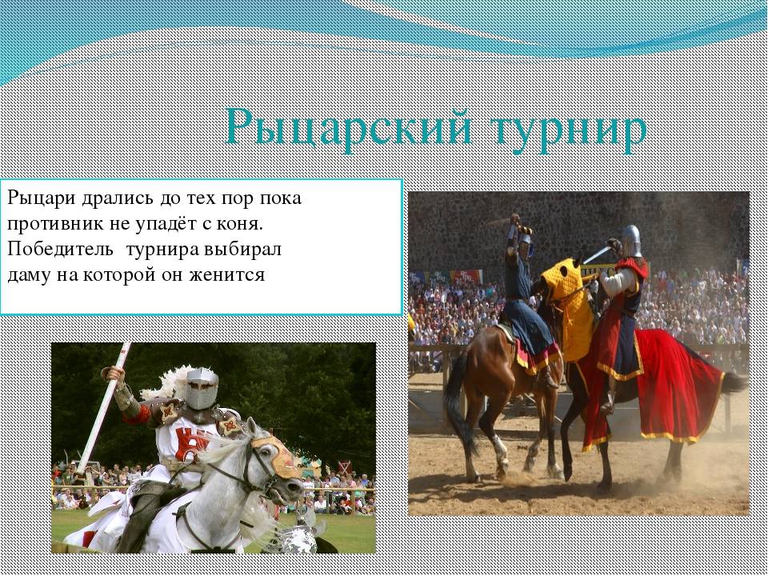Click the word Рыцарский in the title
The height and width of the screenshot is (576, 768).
tap(350, 128)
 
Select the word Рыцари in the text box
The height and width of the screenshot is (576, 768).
tap(41, 199)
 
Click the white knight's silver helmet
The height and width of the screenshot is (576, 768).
tap(202, 388)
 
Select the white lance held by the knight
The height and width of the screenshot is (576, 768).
tap(104, 407)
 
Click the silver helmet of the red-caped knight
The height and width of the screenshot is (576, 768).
tap(631, 241)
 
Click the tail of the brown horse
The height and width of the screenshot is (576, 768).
tap(457, 402)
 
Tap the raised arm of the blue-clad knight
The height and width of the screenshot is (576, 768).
tap(512, 239)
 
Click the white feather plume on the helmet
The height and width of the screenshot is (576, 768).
tap(166, 382)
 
